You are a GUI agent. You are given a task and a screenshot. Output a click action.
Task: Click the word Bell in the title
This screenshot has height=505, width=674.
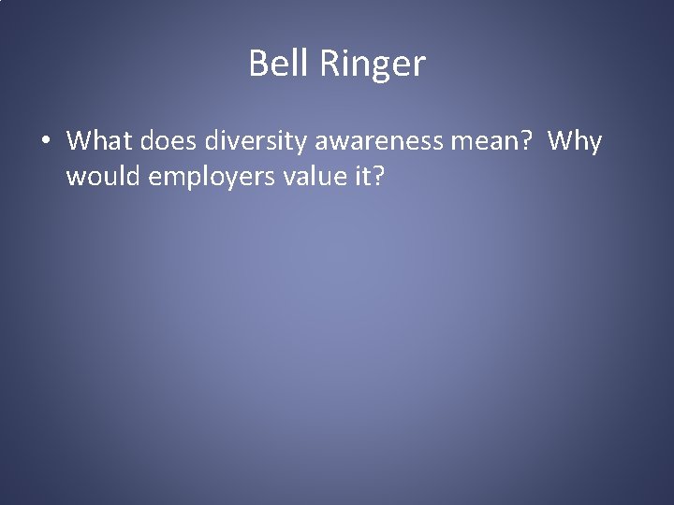click(x=271, y=64)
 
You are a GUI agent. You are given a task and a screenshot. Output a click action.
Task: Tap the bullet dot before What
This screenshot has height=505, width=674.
click(x=45, y=142)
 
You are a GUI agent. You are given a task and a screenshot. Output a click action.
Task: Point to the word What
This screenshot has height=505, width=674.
click(x=98, y=141)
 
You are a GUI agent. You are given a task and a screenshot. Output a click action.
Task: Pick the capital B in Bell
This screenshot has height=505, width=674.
click(x=258, y=64)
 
